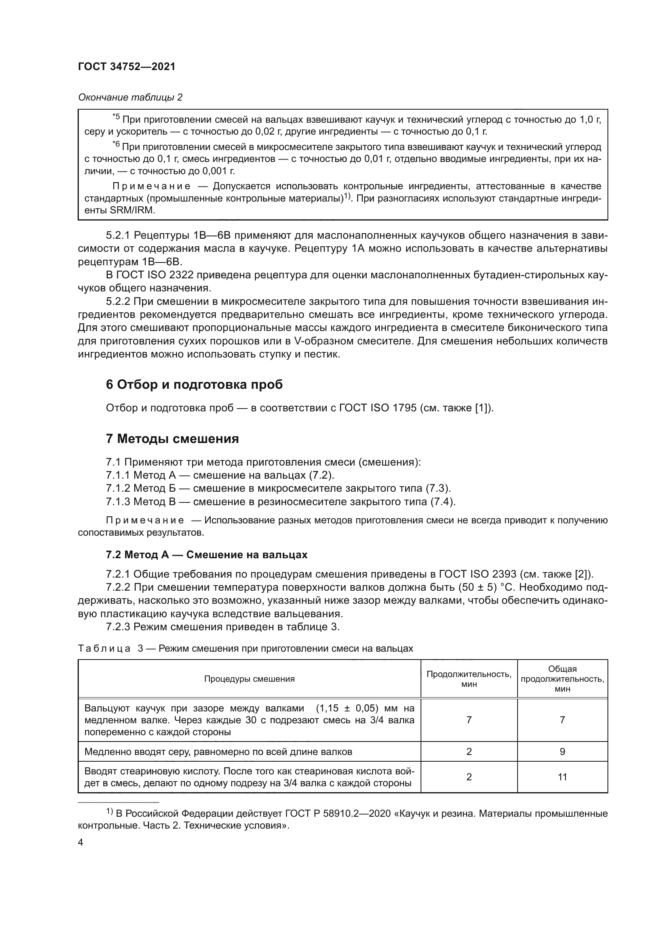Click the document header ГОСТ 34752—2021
[127, 67]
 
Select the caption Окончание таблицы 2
[130, 97]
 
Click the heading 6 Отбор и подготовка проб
[194, 385]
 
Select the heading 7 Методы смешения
[172, 439]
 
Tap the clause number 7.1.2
[118, 488]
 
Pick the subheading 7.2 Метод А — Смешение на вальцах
[206, 555]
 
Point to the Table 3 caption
[245, 648]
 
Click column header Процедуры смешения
[249, 679]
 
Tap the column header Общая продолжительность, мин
[562, 679]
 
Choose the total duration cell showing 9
[562, 752]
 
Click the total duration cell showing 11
[562, 777]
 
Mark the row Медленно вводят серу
[218, 752]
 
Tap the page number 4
[80, 842]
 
